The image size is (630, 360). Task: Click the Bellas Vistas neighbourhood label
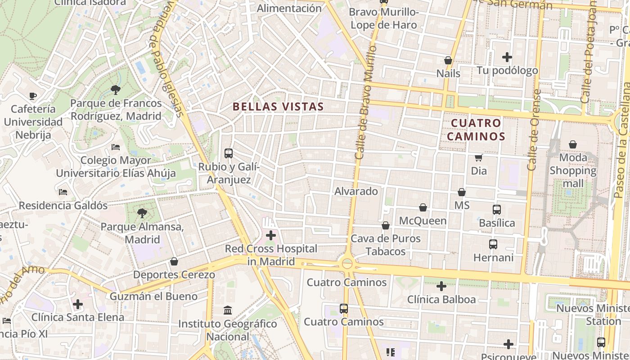278,107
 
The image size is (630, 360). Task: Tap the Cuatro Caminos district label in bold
477,130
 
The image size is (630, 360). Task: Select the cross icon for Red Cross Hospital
271,235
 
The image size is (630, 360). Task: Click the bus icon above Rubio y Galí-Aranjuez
229,153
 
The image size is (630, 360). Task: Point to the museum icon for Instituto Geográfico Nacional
228,310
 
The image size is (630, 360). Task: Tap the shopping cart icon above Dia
479,157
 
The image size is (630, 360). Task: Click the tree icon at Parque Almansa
142,213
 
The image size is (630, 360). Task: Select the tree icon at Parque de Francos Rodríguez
116,90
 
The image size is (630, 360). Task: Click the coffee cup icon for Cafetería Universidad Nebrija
33,96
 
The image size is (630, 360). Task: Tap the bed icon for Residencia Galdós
63,192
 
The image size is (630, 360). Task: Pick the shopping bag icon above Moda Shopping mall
573,144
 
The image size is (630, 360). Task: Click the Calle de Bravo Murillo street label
365,102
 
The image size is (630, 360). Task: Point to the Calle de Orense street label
534,130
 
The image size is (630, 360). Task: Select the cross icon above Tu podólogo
507,57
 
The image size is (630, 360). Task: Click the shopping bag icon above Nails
448,60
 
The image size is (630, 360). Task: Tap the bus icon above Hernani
493,244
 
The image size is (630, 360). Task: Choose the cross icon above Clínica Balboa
441,286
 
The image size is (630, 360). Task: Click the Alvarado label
356,191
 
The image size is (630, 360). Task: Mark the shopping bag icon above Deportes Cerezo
174,261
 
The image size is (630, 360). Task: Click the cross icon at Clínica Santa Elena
78,304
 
